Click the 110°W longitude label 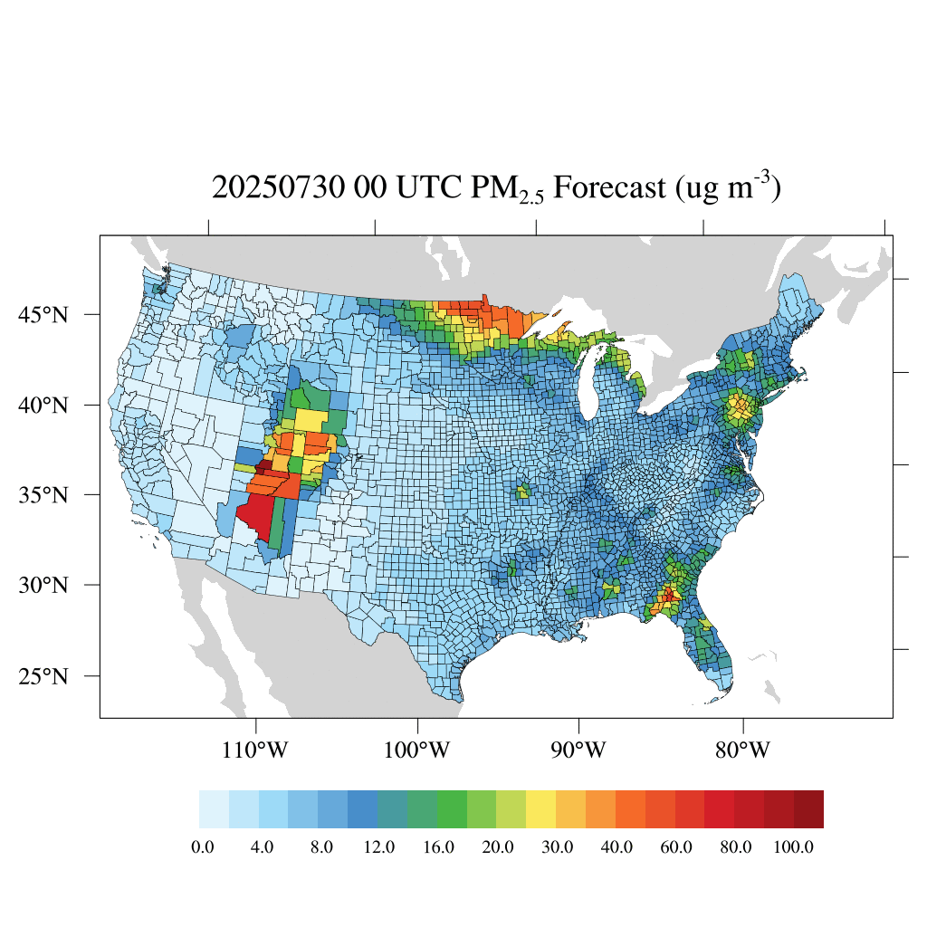(256, 750)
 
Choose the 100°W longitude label (417, 750)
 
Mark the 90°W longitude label (578, 750)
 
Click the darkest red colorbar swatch (808, 809)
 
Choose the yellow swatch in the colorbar (541, 809)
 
